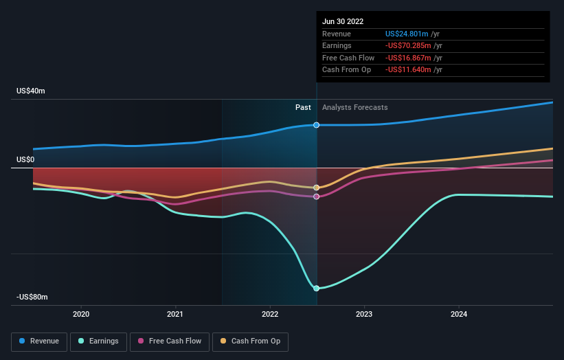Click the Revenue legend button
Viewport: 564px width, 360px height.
click(x=39, y=341)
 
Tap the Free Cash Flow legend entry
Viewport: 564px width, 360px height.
click(x=169, y=341)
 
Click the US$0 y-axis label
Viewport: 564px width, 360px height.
click(x=25, y=159)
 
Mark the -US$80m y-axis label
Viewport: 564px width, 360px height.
click(x=33, y=297)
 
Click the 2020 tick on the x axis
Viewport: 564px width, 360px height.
click(x=81, y=314)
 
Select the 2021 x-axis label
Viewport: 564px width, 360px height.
click(x=175, y=314)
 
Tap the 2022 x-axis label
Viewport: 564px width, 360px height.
click(x=270, y=314)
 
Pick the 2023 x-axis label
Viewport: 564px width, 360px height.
click(x=364, y=314)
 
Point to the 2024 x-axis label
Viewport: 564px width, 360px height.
click(x=459, y=314)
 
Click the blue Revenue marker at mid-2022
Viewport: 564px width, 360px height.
click(x=317, y=125)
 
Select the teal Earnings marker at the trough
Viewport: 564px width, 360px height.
click(x=317, y=289)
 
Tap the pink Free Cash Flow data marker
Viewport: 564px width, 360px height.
click(x=317, y=196)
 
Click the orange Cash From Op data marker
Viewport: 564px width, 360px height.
click(x=317, y=188)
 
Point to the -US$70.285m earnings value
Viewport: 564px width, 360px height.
click(x=408, y=46)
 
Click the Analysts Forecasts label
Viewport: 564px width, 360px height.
click(x=354, y=107)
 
